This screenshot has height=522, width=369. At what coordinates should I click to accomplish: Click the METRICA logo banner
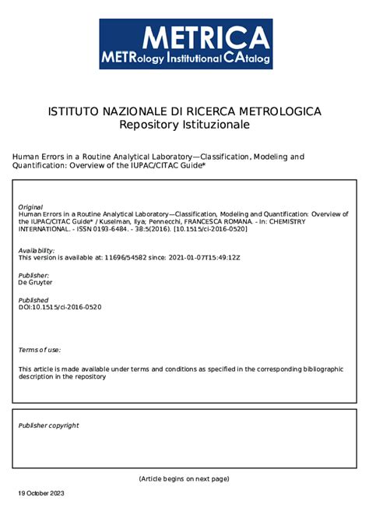(x=185, y=44)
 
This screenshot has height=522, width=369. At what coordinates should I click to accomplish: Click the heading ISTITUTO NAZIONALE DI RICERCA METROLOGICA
(x=184, y=112)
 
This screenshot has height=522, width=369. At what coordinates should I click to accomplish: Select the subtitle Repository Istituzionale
(x=184, y=125)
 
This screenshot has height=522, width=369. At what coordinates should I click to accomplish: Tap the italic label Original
(x=30, y=206)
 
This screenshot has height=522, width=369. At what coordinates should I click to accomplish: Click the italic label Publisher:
(x=33, y=275)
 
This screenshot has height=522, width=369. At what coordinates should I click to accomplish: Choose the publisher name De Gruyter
(x=36, y=282)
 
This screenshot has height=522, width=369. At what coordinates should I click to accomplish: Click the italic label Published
(x=33, y=300)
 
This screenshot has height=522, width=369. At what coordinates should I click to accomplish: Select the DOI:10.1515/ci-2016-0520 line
(x=60, y=307)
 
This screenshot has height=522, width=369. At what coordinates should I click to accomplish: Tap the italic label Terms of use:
(x=39, y=351)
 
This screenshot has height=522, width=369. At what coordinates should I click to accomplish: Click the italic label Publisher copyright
(x=48, y=425)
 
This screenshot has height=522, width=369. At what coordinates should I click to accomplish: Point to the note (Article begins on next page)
(x=184, y=478)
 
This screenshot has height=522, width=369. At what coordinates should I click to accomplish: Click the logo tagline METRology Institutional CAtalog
(x=185, y=58)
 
